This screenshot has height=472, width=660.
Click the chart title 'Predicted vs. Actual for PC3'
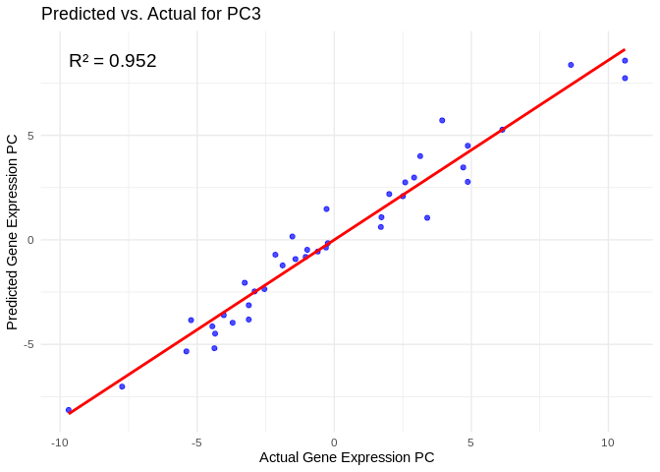point(151,14)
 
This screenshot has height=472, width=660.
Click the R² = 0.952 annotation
point(113,61)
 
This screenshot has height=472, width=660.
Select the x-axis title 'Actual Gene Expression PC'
point(347,457)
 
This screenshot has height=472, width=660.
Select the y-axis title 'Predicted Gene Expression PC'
point(13,232)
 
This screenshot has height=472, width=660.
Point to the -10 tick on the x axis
point(60,442)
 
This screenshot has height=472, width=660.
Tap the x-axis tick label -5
point(196,442)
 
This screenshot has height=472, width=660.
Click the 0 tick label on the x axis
point(334,442)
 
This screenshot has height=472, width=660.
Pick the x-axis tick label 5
point(470,442)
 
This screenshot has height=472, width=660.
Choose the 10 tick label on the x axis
point(607,442)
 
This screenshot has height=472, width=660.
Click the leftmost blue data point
point(69,410)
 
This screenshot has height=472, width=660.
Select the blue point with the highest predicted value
point(625,61)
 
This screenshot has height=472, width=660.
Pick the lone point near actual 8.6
point(571,65)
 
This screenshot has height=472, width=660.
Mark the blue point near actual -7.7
point(122,386)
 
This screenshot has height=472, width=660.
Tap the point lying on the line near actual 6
point(502,130)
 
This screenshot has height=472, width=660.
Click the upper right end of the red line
point(625,49)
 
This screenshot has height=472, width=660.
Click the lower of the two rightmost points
point(625,79)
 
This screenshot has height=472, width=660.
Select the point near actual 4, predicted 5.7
point(442,120)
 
